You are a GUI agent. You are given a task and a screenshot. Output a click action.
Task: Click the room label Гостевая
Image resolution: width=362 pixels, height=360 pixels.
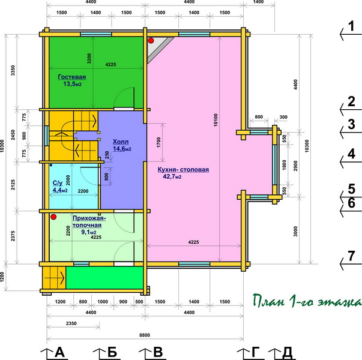click(72, 77)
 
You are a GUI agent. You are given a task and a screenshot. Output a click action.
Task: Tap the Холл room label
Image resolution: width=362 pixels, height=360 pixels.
click(121, 142)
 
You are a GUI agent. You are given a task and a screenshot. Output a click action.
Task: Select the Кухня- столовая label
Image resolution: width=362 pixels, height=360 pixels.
click(183, 170)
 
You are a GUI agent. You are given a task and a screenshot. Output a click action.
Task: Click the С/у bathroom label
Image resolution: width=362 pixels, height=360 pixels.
click(58, 183)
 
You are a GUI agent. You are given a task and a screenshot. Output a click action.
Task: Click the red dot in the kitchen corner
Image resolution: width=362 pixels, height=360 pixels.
click(151, 41)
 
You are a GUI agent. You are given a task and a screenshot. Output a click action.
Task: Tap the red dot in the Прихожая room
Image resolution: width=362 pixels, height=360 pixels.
click(53, 217)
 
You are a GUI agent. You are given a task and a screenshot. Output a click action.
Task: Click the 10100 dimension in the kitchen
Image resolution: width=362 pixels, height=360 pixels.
click(216, 120)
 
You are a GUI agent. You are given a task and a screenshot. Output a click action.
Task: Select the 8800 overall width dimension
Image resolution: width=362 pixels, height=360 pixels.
click(145, 335)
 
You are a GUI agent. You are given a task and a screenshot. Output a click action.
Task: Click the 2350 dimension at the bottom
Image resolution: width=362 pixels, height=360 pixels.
click(71, 323)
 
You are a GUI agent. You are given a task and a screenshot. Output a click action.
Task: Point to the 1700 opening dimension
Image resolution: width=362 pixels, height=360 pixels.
click(158, 142)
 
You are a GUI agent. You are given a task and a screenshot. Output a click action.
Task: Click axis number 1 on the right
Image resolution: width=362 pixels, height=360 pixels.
click(351, 26)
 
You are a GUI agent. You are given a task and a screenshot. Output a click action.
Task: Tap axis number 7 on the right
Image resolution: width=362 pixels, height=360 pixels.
click(351, 256)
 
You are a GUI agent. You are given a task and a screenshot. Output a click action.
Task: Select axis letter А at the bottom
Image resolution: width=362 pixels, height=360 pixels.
click(59, 352)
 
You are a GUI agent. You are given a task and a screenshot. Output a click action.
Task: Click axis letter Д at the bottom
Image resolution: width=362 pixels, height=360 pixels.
click(287, 353)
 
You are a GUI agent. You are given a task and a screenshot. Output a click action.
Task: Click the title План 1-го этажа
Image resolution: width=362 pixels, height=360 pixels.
click(307, 301)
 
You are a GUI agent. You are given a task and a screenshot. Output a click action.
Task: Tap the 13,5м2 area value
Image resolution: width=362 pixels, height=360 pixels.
click(72, 84)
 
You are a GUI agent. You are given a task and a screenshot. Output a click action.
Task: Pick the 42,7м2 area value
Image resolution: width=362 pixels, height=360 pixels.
click(172, 176)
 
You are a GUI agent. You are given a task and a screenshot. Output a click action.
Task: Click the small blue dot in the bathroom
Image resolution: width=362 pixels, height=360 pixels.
click(51, 165)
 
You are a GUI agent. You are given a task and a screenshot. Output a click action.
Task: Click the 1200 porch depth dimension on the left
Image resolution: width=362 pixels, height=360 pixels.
click(2, 277)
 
